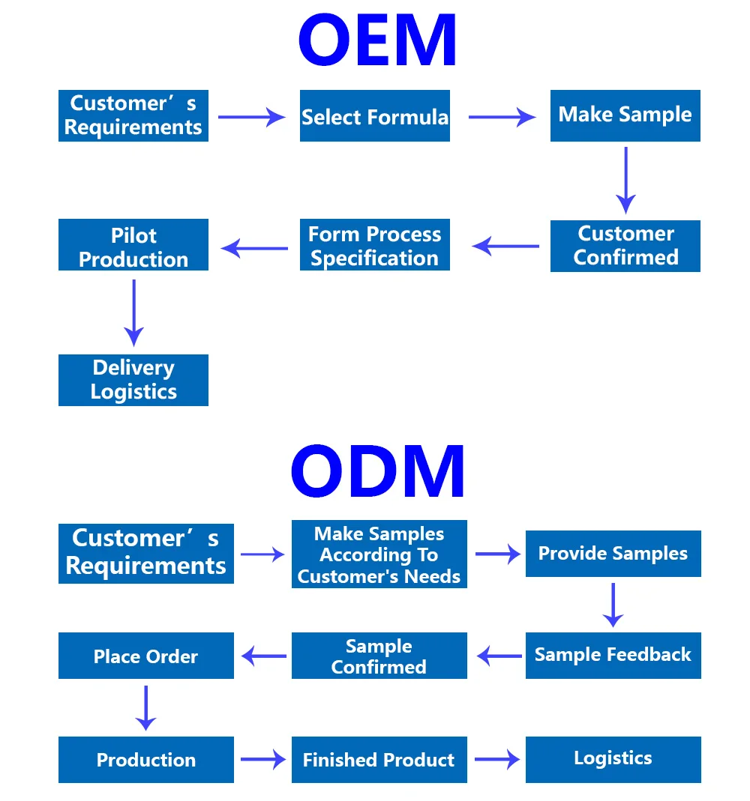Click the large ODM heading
point(378,471)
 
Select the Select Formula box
point(375,116)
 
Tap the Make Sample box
point(625,115)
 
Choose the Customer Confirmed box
point(625,246)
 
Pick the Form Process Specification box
point(375,245)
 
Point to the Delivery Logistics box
point(133,380)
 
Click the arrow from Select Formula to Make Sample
point(501,117)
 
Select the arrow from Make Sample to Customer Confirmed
point(625,180)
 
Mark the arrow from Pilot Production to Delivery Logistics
point(133,312)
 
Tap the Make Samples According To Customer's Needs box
point(379,554)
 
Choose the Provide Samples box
point(613,554)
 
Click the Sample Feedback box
point(613,655)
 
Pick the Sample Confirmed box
point(379,656)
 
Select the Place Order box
point(146,656)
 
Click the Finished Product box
point(379,760)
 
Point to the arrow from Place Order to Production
point(145,707)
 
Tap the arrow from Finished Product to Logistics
point(496,759)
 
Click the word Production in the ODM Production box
point(146,760)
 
